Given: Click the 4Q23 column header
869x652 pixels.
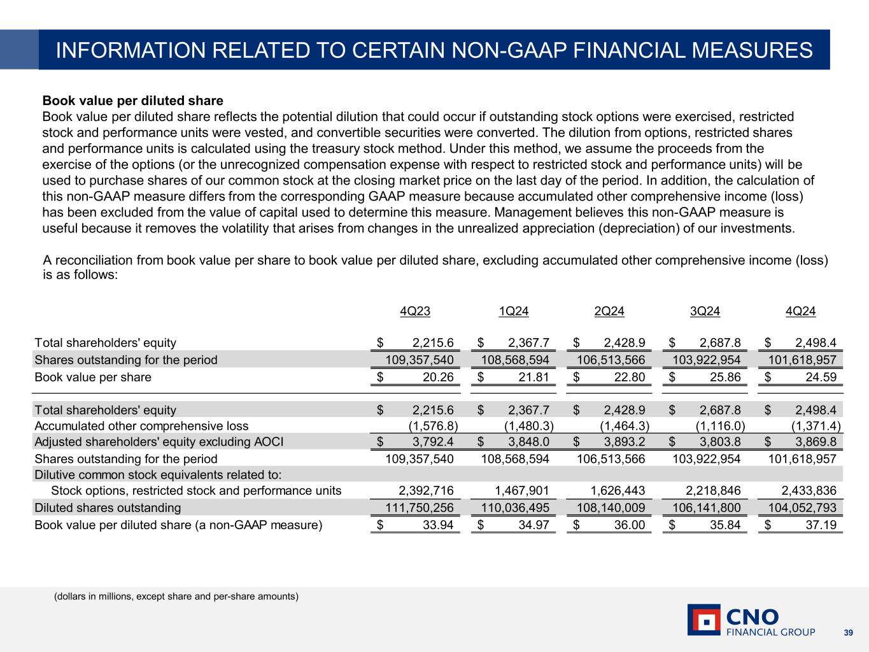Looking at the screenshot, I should click(415, 311).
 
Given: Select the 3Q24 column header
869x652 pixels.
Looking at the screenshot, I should click(705, 311).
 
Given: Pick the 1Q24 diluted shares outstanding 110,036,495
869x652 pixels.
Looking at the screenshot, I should click(512, 508).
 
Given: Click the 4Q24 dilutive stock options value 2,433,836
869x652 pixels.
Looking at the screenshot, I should click(809, 490).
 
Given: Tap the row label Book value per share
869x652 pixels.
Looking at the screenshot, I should click(93, 377).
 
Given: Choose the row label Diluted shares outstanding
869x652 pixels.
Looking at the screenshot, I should click(108, 508).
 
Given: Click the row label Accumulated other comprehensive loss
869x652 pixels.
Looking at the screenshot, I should click(141, 426).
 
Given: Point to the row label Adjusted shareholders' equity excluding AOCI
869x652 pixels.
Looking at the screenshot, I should click(159, 442).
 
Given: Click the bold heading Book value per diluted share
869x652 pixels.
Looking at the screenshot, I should click(132, 101).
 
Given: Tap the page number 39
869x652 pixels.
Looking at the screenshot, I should click(848, 632).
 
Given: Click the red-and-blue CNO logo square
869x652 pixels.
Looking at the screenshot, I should click(703, 620).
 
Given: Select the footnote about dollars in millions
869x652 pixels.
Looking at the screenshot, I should click(176, 597).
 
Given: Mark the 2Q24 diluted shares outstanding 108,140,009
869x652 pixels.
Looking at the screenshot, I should click(611, 508).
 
